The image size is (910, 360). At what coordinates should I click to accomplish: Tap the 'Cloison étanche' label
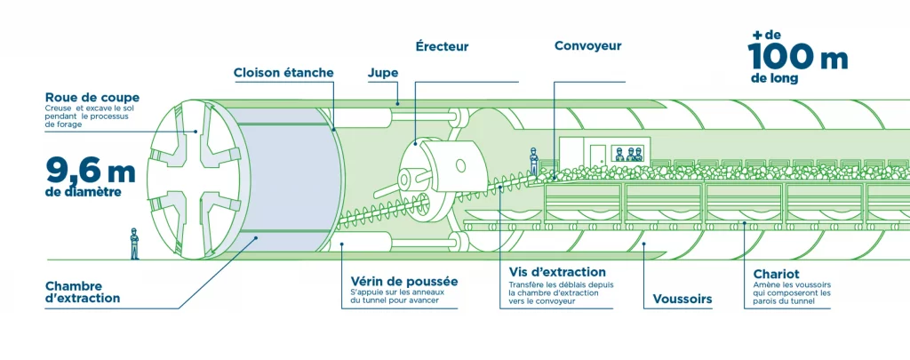(283, 72)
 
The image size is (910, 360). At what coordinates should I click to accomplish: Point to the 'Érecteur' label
(441, 46)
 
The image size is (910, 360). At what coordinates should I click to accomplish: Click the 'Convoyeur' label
(587, 46)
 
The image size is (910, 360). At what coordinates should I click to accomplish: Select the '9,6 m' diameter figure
(92, 167)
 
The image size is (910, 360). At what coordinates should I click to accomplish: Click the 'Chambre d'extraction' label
(82, 292)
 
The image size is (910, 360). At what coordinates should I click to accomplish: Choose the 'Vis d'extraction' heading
(557, 271)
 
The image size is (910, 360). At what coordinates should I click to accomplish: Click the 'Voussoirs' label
(682, 300)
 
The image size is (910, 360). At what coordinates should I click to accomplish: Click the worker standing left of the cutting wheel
(134, 243)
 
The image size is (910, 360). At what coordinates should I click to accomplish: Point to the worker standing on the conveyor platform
(533, 161)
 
